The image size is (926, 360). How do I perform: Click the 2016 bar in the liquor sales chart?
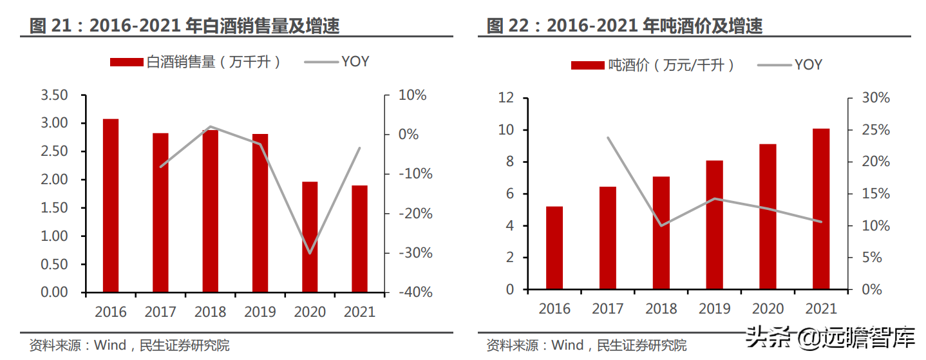(x=111, y=205)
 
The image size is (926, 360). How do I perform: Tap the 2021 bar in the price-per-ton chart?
(x=821, y=209)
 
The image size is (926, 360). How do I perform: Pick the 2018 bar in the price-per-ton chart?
(x=661, y=233)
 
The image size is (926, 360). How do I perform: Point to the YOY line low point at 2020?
(x=310, y=253)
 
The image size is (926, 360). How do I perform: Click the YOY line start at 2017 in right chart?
(x=607, y=137)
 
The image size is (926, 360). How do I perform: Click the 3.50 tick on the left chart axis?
(x=54, y=95)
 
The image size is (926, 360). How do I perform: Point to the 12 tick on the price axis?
(x=506, y=98)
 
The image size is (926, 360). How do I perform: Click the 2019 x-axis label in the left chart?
(x=260, y=312)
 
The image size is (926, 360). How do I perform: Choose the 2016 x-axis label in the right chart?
(x=554, y=309)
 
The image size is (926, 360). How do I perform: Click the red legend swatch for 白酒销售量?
(x=126, y=62)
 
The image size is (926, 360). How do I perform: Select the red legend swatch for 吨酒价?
(x=587, y=65)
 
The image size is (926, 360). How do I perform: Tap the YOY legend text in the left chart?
(x=355, y=62)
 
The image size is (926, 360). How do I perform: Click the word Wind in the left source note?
(x=111, y=346)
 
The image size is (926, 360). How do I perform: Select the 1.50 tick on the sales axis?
(x=54, y=208)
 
